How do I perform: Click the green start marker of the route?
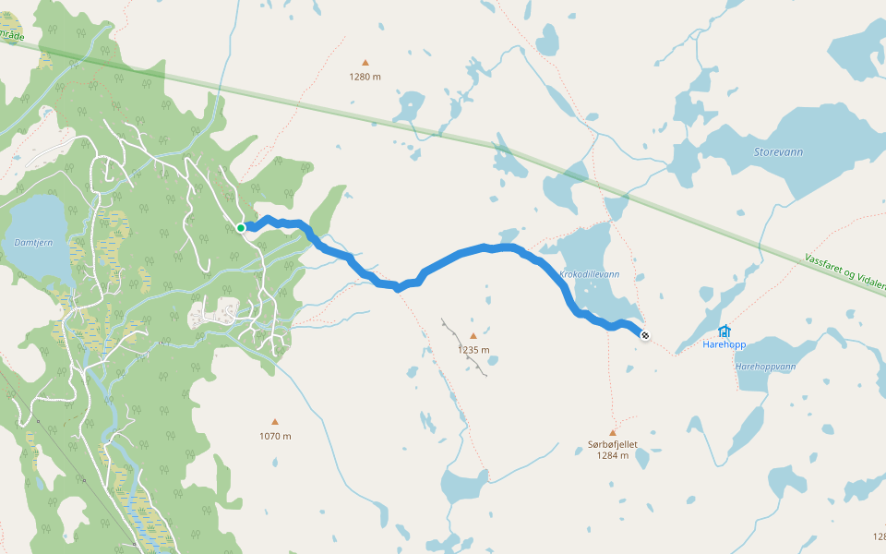[241, 227]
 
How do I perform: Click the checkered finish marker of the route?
[644, 336]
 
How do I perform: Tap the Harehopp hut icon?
[724, 331]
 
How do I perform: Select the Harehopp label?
[724, 345]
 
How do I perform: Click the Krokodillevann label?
[590, 275]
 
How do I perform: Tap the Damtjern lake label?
[34, 242]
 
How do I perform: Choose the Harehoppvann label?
[765, 367]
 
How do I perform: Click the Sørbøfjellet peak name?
[613, 444]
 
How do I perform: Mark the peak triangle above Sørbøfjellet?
[613, 432]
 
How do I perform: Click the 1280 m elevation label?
[365, 77]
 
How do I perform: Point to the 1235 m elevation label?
[473, 350]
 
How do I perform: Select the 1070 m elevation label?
[275, 436]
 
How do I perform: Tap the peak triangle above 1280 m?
[365, 64]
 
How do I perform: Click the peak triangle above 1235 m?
[473, 337]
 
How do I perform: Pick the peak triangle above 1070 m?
[275, 423]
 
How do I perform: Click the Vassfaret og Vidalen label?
[844, 273]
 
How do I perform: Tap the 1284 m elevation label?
[613, 455]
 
